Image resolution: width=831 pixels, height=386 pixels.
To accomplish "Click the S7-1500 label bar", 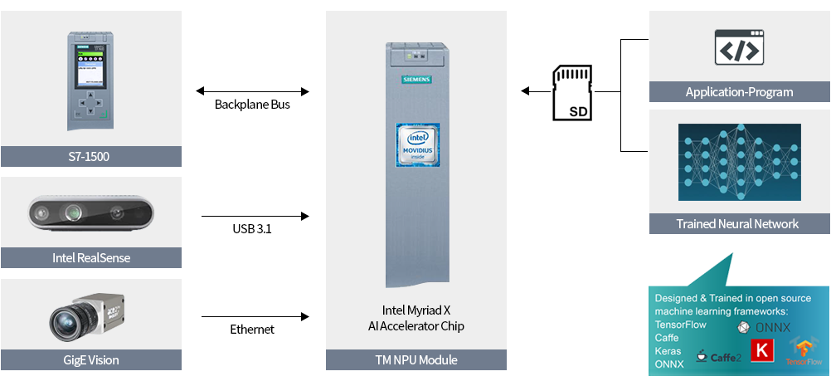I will coord(91,156).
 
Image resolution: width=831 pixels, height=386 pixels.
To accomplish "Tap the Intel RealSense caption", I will coord(91,257).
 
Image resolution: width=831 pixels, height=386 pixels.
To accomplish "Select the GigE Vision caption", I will coord(91,359).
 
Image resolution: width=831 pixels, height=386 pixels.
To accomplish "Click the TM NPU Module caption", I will coord(415,359).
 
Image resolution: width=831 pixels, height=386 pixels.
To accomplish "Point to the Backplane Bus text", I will coord(252,105).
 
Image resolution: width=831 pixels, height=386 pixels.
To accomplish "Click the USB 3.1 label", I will coord(252,229).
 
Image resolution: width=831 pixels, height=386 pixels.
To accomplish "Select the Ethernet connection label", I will coord(252,330).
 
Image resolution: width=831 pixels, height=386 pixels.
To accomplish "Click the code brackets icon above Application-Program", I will coord(739,47).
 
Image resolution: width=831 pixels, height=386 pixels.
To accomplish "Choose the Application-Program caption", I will coord(739,92).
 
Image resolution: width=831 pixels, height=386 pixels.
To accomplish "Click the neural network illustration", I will coord(739,162).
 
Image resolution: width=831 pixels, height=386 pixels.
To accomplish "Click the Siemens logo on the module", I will coord(416,79).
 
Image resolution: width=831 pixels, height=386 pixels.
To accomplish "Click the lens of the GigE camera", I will coord(67,321).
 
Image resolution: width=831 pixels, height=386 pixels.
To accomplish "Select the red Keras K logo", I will coord(760,349).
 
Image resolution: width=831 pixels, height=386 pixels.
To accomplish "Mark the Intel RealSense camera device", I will coord(90,213).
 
